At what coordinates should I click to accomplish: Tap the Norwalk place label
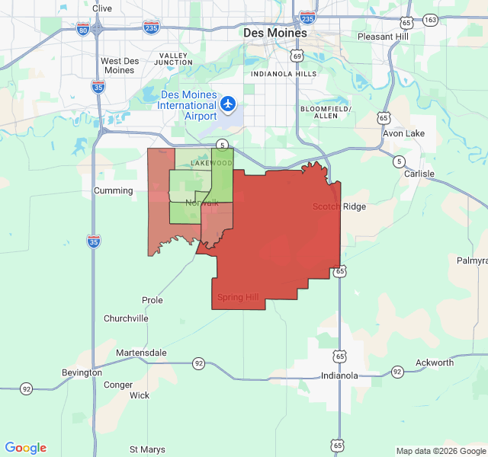pos(201,203)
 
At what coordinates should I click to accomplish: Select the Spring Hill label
pos(238,297)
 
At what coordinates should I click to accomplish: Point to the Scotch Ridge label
pos(339,206)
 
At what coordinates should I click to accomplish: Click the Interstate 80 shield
pos(83,29)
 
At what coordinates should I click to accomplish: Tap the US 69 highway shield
pos(297,56)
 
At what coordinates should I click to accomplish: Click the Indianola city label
pos(339,376)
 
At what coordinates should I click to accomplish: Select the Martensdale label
pos(141,353)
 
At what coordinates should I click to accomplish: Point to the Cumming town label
pos(113,190)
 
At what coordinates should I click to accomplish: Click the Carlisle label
pos(419,174)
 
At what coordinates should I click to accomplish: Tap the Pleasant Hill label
pos(385,37)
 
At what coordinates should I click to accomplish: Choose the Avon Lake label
pos(403,133)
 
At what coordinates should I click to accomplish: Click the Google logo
pos(26,448)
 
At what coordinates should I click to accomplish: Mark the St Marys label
pos(148,449)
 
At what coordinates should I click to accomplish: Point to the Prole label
pos(152,300)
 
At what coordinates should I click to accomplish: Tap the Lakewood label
pos(211,163)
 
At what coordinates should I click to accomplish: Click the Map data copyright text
pos(440,451)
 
